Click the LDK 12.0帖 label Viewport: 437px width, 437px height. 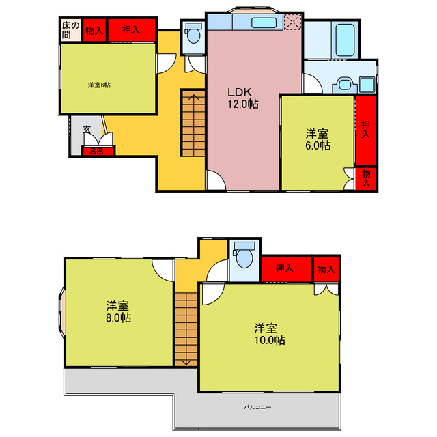coord(242,98)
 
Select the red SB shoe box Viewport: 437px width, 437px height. coord(97,152)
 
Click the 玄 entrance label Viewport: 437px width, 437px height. coord(87,129)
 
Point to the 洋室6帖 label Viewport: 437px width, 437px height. coord(99,85)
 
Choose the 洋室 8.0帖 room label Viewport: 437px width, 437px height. coord(119,311)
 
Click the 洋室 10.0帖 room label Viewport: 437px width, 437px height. coord(270,334)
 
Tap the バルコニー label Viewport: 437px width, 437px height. coord(258,408)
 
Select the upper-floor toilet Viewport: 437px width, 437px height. coord(244,258)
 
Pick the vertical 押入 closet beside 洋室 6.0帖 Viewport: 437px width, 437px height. coord(366,130)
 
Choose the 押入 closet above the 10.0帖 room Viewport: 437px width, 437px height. coord(286,270)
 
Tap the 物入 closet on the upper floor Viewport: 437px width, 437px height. coord(325,270)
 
